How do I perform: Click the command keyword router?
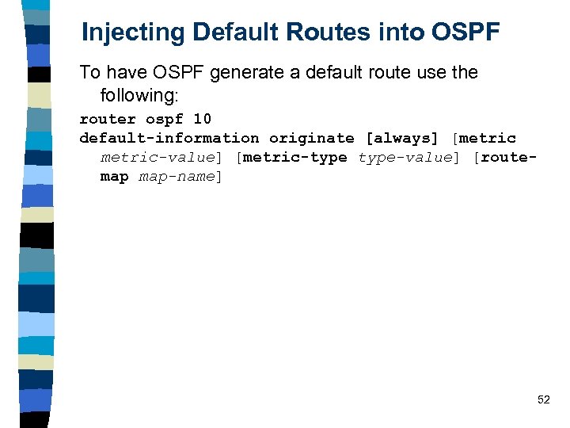(108, 119)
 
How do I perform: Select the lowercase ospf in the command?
(165, 119)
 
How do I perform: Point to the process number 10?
(202, 119)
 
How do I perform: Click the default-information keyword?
(169, 138)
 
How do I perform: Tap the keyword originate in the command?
(311, 138)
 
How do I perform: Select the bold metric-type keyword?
(294, 157)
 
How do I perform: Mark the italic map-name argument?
(177, 176)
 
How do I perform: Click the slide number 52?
(543, 400)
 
